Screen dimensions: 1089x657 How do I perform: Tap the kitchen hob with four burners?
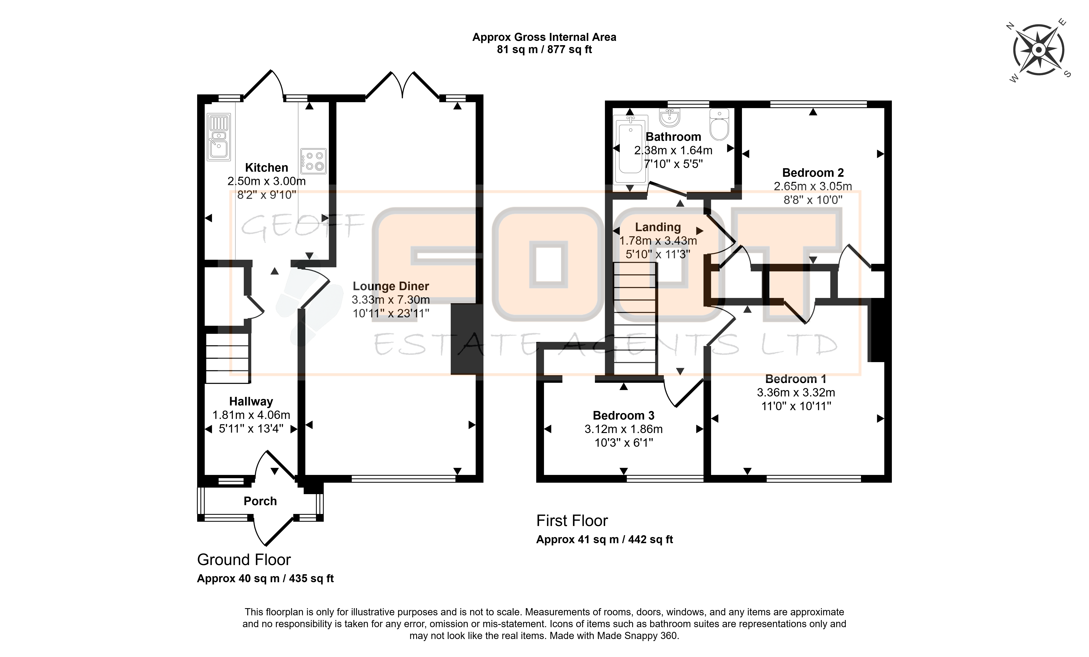(x=314, y=161)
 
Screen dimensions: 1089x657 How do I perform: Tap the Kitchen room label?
(x=266, y=168)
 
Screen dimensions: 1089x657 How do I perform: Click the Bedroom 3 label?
(x=624, y=415)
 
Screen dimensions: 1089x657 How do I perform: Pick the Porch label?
(x=260, y=501)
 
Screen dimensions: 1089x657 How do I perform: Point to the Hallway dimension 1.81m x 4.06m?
(x=251, y=415)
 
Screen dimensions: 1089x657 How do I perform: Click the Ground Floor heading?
(x=244, y=560)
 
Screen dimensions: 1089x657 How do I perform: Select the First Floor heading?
(x=572, y=521)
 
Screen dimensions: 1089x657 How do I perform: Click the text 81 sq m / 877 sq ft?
(x=544, y=49)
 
